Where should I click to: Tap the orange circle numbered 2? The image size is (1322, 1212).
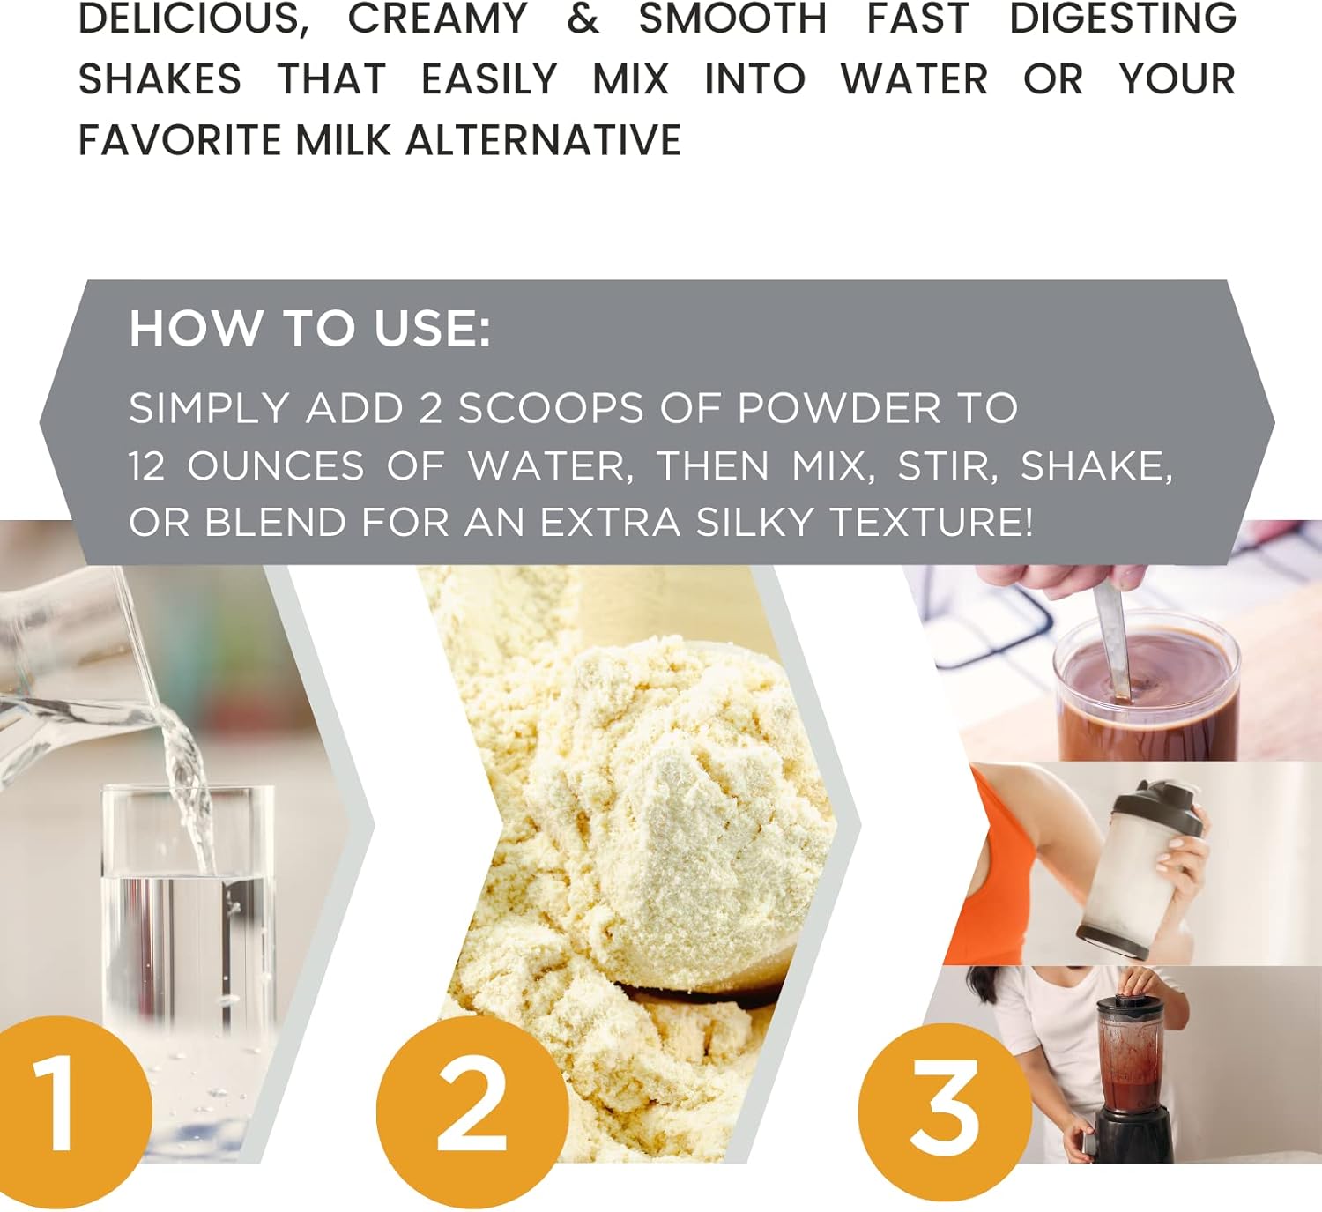[472, 1109]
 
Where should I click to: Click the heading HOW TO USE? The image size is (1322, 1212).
[309, 328]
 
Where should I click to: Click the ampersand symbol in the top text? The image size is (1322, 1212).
[583, 19]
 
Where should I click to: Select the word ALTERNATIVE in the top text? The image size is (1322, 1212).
[544, 140]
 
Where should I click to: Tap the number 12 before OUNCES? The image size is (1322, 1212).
[147, 465]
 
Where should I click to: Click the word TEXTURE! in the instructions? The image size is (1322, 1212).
[932, 522]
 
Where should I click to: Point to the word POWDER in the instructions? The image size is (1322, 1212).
[839, 408]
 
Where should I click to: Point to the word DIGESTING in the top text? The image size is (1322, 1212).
[1122, 19]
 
